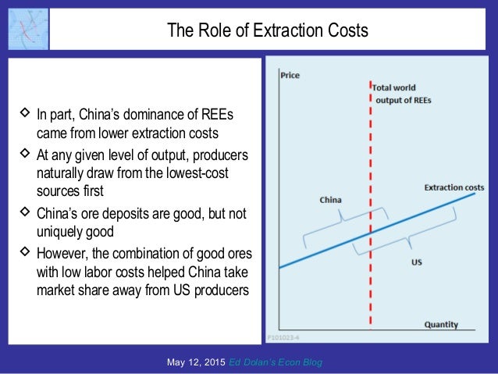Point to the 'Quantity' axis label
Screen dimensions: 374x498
pos(441,324)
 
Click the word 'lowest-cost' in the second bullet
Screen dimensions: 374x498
pos(198,170)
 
